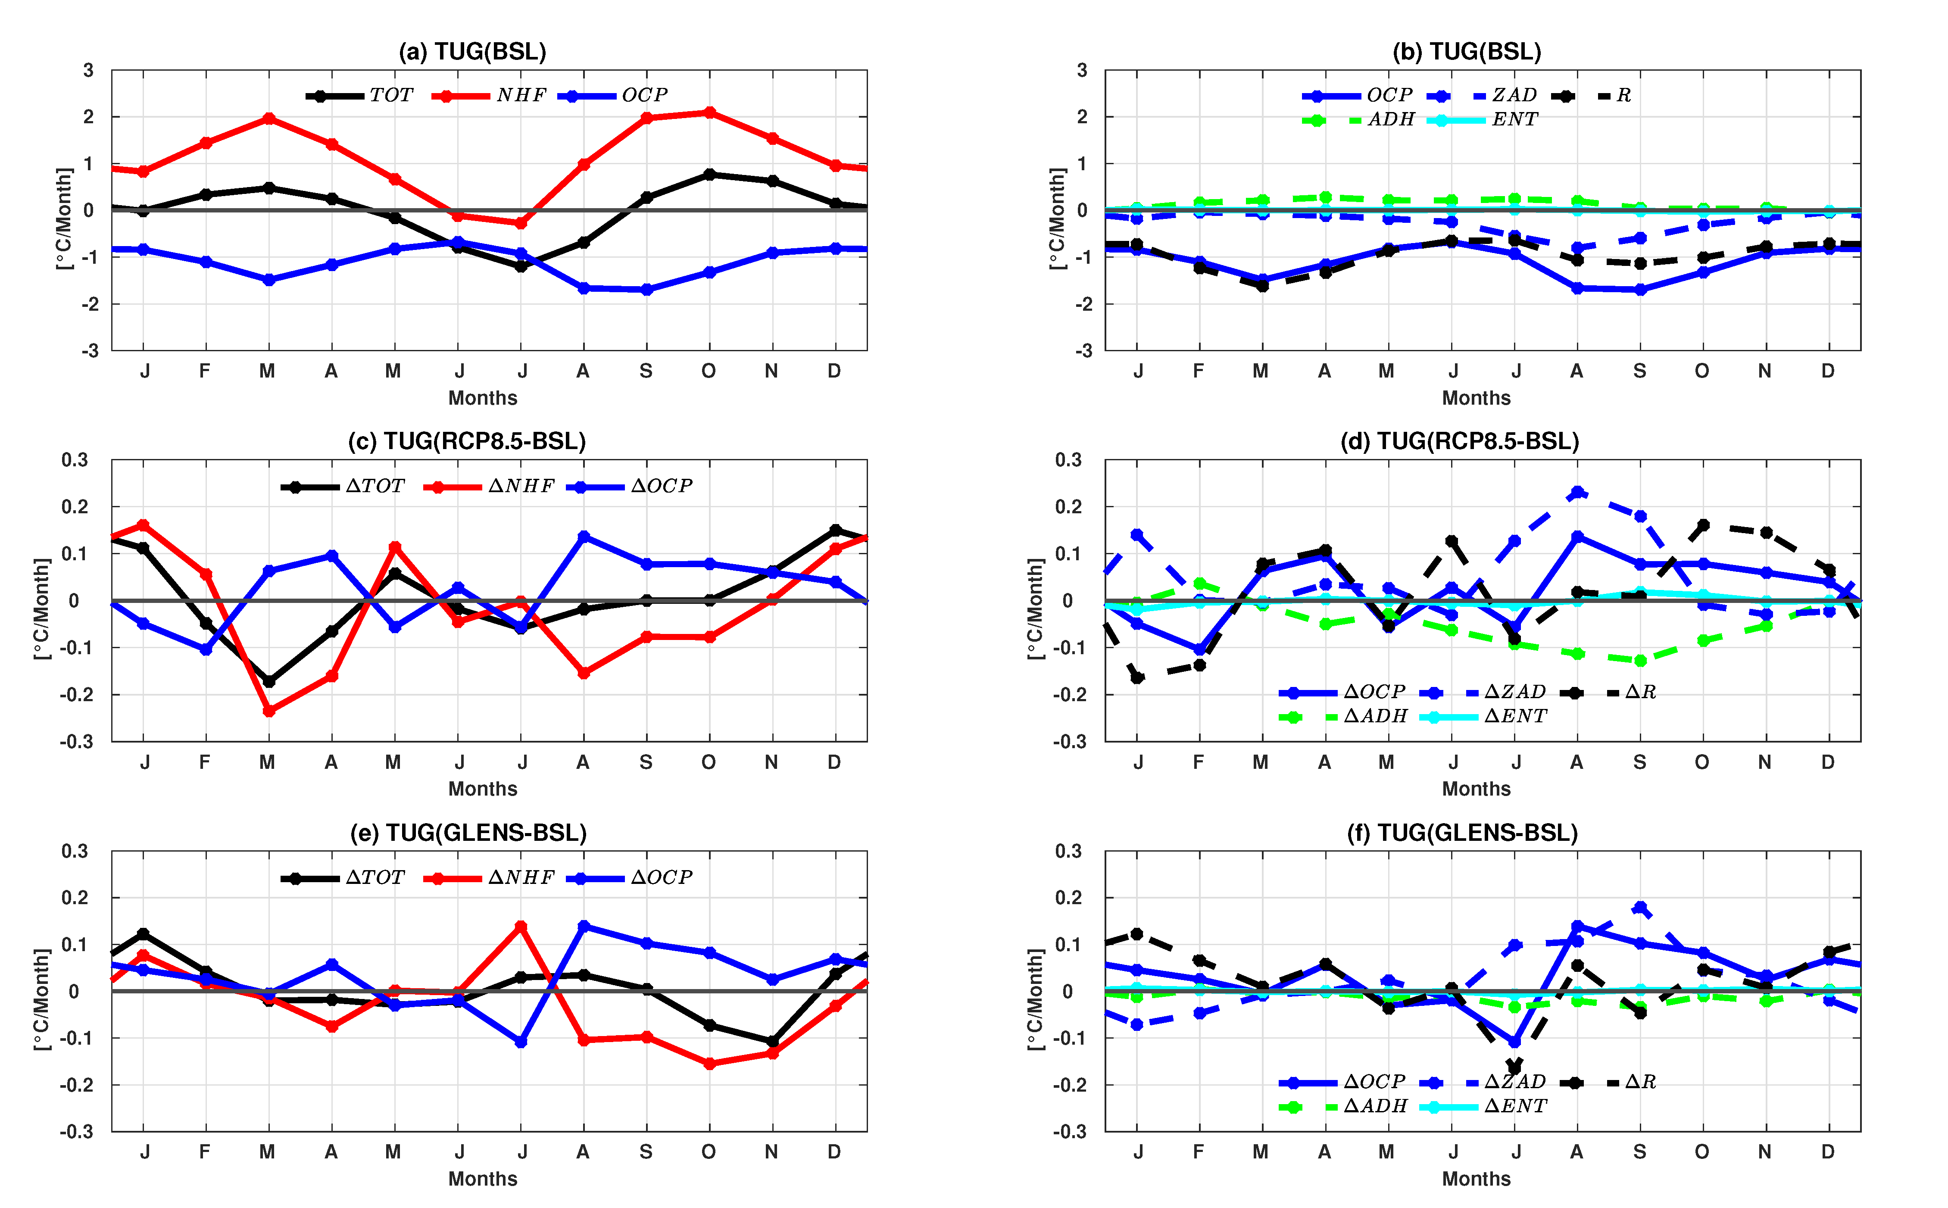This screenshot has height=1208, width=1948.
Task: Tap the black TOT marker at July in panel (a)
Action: pyautogui.click(x=521, y=266)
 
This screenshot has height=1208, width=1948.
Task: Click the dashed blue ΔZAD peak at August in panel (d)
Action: pyautogui.click(x=1577, y=492)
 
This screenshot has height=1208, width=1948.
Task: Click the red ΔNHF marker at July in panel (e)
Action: pyautogui.click(x=521, y=926)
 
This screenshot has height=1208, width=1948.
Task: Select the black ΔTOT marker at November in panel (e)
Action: pyautogui.click(x=772, y=1042)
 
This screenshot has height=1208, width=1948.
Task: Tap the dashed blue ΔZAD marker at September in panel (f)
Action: pyautogui.click(x=1639, y=907)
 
